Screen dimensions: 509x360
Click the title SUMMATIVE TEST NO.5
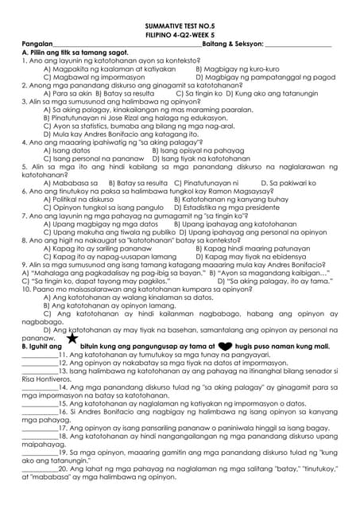[180, 25]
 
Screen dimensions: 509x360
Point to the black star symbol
[72, 337]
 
